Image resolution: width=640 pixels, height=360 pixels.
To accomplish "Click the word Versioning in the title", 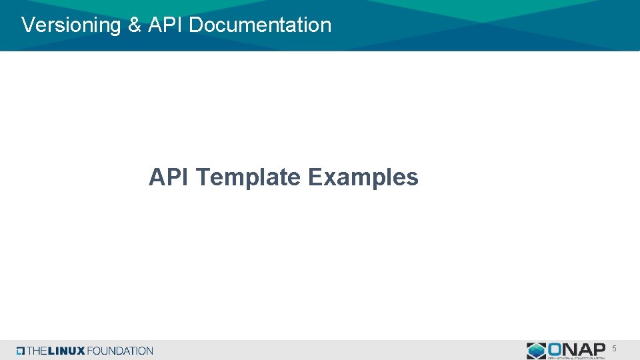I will pos(69,25).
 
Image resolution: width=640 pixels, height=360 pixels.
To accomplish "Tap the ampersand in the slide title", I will pos(134,25).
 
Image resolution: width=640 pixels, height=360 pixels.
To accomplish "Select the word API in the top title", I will pos(165,25).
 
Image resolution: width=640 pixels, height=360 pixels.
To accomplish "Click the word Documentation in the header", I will pos(260,25).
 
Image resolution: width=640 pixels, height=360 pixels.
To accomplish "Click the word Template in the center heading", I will pos(249,177).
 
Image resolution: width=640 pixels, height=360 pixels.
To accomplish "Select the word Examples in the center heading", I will pos(363,177).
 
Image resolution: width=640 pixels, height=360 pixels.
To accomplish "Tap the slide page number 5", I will pos(614,348).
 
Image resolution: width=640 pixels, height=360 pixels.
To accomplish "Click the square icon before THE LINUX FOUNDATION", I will pos(21,351).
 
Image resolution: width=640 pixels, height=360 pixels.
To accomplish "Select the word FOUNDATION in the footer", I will pos(120,351).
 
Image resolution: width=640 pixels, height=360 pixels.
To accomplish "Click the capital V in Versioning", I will pos(27,25).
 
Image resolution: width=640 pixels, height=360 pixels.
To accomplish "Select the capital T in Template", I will pos(204,177).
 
